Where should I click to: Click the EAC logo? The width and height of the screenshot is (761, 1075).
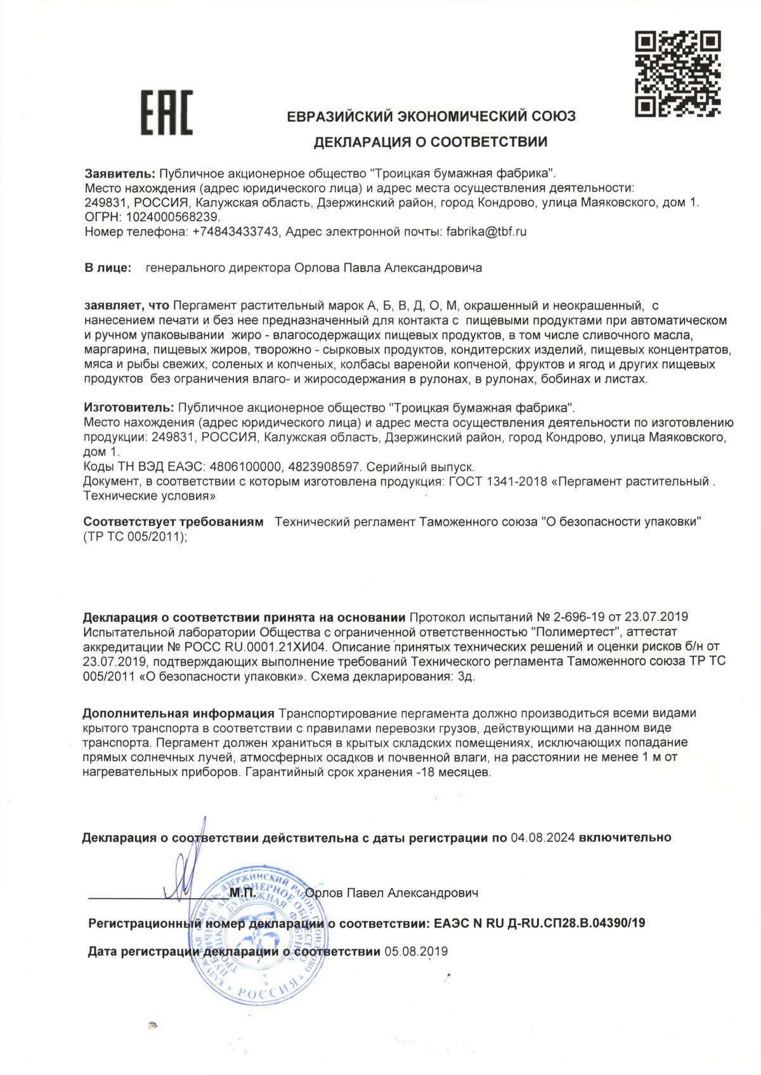point(166,113)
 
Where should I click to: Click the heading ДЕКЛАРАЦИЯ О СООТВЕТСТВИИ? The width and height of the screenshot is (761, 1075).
point(431,141)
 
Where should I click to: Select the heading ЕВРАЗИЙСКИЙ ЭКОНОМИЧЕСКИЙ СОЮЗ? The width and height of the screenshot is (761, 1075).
point(431,117)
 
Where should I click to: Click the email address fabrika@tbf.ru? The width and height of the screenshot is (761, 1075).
point(486,231)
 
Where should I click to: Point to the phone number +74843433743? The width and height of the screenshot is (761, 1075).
point(236,231)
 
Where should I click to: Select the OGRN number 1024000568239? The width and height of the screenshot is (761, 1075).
point(164,217)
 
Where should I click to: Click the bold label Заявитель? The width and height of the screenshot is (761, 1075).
point(120,173)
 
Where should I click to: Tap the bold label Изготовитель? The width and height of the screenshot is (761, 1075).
point(128,407)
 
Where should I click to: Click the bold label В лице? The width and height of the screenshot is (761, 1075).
point(108,268)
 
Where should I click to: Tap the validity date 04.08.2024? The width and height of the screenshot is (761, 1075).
point(542,838)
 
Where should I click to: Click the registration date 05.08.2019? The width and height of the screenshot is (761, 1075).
point(416,951)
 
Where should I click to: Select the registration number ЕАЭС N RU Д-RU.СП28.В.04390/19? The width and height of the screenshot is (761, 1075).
point(540,923)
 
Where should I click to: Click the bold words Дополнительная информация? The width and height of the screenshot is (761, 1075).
point(178,713)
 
